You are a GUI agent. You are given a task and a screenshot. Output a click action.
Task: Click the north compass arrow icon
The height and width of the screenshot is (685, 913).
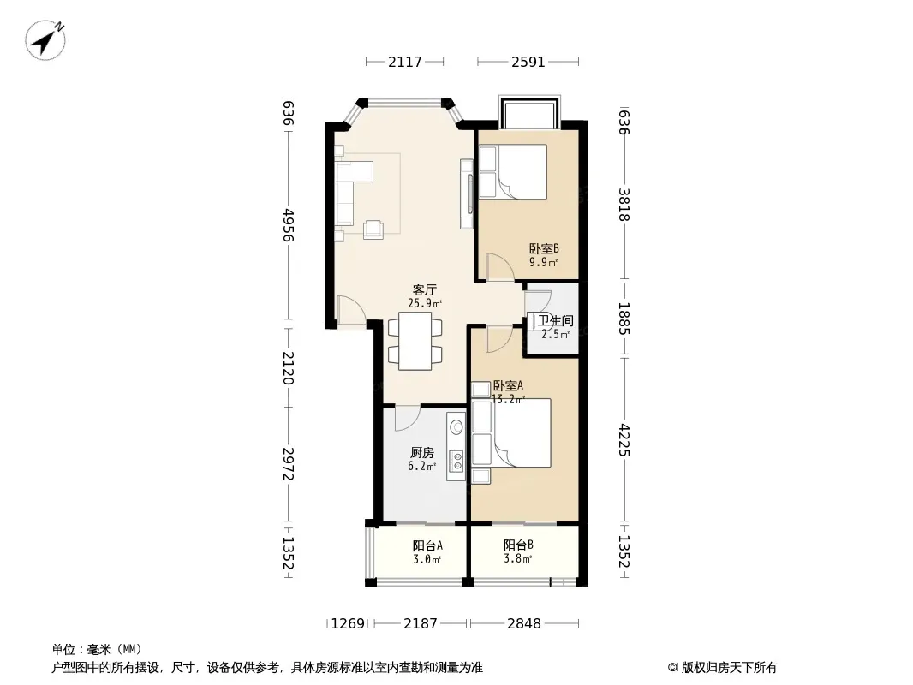click(x=45, y=39)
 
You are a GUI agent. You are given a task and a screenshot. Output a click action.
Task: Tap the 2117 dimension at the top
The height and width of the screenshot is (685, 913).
click(x=404, y=62)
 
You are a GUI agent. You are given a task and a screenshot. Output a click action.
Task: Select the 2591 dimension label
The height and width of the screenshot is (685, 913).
click(x=528, y=62)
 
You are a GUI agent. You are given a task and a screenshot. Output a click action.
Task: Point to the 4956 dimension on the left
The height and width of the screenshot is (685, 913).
click(x=289, y=225)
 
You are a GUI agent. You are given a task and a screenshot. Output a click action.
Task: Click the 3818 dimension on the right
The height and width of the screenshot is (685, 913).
click(x=624, y=205)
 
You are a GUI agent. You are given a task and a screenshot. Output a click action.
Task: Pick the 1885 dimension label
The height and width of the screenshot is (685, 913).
click(x=624, y=319)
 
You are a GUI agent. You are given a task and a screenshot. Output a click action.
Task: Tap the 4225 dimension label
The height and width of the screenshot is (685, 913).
click(x=624, y=440)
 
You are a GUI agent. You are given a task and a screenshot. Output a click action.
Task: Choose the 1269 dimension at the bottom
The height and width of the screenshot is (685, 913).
click(x=348, y=624)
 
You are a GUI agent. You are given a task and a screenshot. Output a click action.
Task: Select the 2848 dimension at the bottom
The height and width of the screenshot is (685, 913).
click(x=524, y=624)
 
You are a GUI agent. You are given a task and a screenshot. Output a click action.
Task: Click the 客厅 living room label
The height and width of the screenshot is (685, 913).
click(x=425, y=289)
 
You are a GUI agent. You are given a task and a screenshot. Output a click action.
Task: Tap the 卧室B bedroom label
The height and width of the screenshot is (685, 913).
click(x=544, y=249)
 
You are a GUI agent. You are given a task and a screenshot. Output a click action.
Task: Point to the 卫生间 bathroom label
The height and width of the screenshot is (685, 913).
click(x=556, y=321)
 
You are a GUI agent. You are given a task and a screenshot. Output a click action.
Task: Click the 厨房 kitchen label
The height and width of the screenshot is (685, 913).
click(x=422, y=453)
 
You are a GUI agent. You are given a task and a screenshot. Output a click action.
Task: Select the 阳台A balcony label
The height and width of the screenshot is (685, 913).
click(x=427, y=546)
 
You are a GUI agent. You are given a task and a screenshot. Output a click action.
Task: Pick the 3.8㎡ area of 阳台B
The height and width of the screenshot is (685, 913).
click(x=518, y=559)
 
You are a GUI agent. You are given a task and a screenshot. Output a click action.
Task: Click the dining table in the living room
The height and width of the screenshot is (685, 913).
click(x=415, y=341)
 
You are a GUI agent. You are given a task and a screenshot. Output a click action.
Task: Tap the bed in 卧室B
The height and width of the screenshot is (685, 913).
click(x=512, y=172)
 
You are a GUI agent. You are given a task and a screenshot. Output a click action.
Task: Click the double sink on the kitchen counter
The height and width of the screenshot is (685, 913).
click(x=457, y=460)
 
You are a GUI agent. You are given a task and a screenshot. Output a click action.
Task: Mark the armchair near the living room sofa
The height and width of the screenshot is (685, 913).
click(x=373, y=229)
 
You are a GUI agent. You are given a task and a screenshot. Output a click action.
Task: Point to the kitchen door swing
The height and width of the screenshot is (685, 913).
click(x=408, y=419)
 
